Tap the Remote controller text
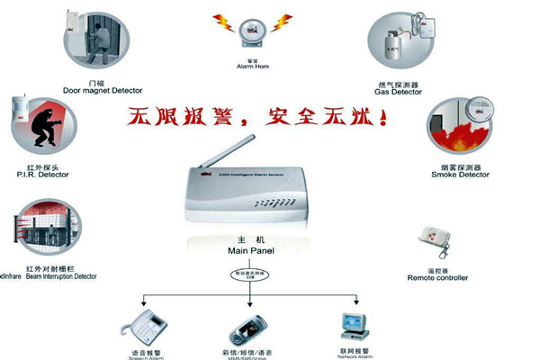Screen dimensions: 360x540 click(438, 277)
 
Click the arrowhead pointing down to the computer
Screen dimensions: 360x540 click(358, 301)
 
